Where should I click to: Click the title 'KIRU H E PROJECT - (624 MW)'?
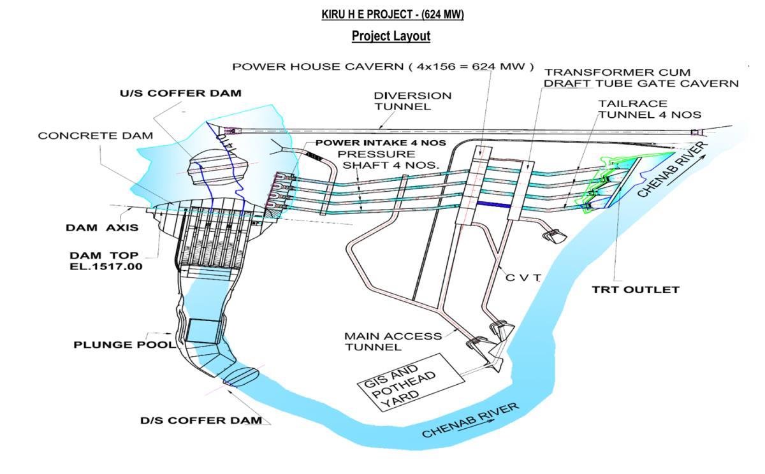(x=393, y=15)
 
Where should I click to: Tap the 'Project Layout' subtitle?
(x=391, y=36)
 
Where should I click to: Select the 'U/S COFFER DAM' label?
(x=180, y=93)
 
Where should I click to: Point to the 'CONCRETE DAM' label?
(x=96, y=136)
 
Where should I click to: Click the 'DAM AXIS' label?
(x=102, y=227)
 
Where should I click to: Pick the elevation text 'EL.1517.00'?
(x=106, y=266)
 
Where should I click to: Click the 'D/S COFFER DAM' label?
(x=201, y=420)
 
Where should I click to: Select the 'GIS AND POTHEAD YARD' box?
(x=411, y=382)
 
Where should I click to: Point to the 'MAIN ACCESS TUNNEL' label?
(x=393, y=341)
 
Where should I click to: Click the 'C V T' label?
(x=523, y=278)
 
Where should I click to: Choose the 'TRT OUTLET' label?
(x=636, y=290)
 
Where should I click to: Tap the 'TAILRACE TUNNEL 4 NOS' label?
(x=650, y=109)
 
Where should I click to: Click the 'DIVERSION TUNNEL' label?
(x=413, y=101)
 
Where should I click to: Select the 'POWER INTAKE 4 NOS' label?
(x=381, y=143)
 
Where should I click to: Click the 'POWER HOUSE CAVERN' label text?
(x=318, y=66)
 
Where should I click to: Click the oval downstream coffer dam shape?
(x=241, y=377)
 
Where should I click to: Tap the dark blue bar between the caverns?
(x=493, y=205)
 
